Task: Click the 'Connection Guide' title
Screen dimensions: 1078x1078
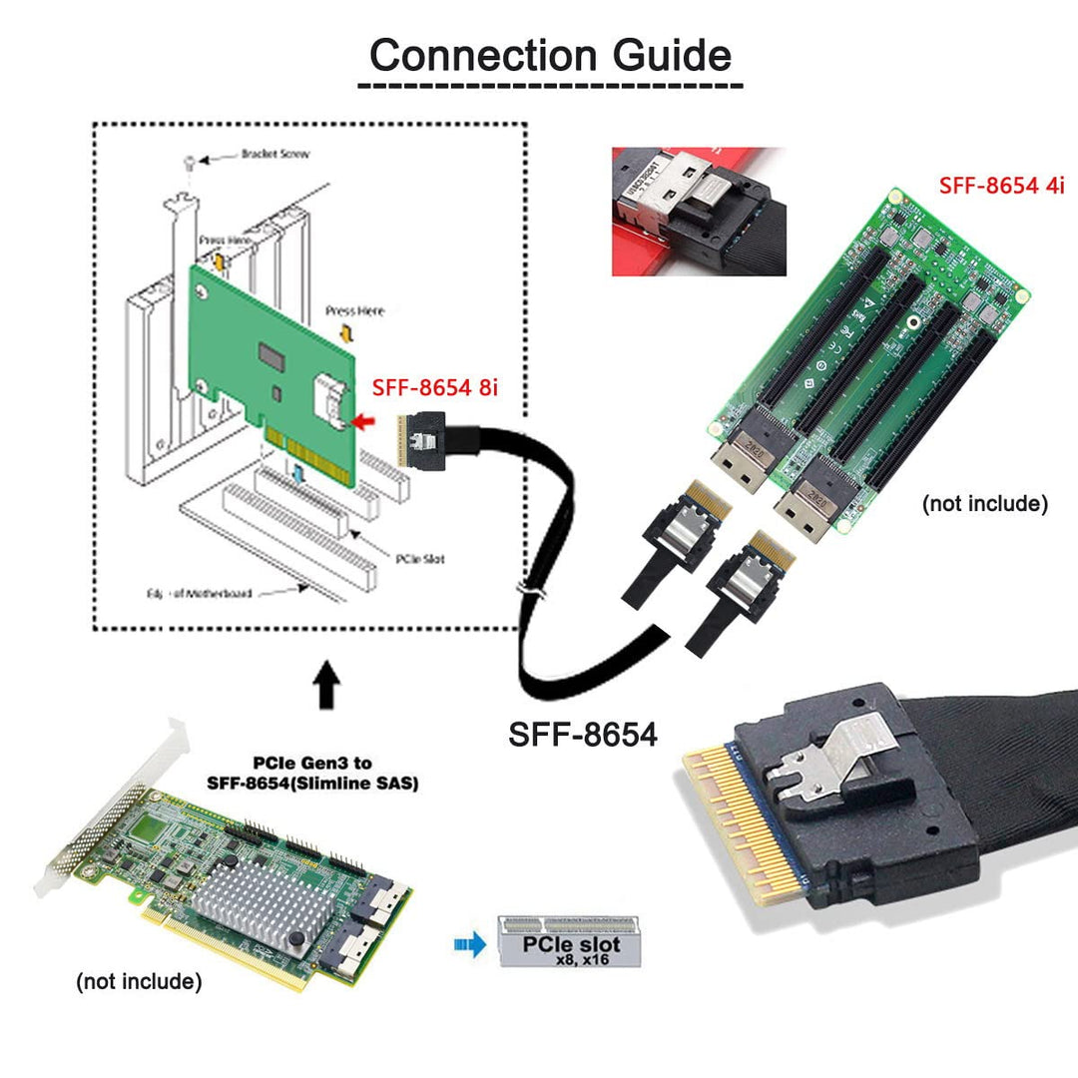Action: pos(550,55)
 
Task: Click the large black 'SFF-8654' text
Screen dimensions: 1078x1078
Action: pos(583,735)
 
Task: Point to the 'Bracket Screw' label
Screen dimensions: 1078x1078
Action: pos(274,155)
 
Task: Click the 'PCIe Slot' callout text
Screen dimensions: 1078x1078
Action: pos(419,559)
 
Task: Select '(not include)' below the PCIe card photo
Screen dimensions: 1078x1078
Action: pos(139,982)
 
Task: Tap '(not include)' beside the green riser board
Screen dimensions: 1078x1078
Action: pos(984,504)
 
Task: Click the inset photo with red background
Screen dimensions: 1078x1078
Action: pos(699,212)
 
